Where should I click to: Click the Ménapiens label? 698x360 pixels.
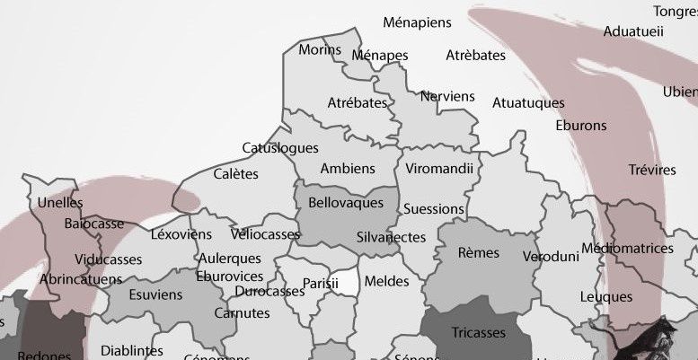click(x=417, y=22)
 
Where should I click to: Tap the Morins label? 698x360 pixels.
click(x=320, y=49)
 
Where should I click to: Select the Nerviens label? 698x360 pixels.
click(x=447, y=96)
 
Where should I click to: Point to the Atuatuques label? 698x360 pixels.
click(x=528, y=103)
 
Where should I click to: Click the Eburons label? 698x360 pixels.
click(x=581, y=126)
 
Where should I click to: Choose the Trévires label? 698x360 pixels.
click(x=652, y=170)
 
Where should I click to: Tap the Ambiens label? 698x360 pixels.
click(x=348, y=169)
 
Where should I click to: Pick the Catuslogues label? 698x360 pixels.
click(x=280, y=148)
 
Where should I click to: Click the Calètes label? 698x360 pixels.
click(x=235, y=174)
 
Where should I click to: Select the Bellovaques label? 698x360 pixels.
click(x=346, y=204)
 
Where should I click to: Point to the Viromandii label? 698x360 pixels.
click(x=440, y=169)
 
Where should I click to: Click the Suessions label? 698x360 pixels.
click(x=434, y=209)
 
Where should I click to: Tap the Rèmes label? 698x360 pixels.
click(x=479, y=253)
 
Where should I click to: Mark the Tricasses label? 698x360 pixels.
click(x=479, y=333)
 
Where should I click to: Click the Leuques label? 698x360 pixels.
click(x=606, y=296)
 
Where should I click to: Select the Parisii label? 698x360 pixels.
click(x=320, y=284)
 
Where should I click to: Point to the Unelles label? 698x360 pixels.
click(x=60, y=203)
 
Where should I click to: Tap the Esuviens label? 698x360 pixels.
click(x=155, y=294)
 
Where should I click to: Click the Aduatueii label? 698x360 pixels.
click(x=633, y=31)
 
